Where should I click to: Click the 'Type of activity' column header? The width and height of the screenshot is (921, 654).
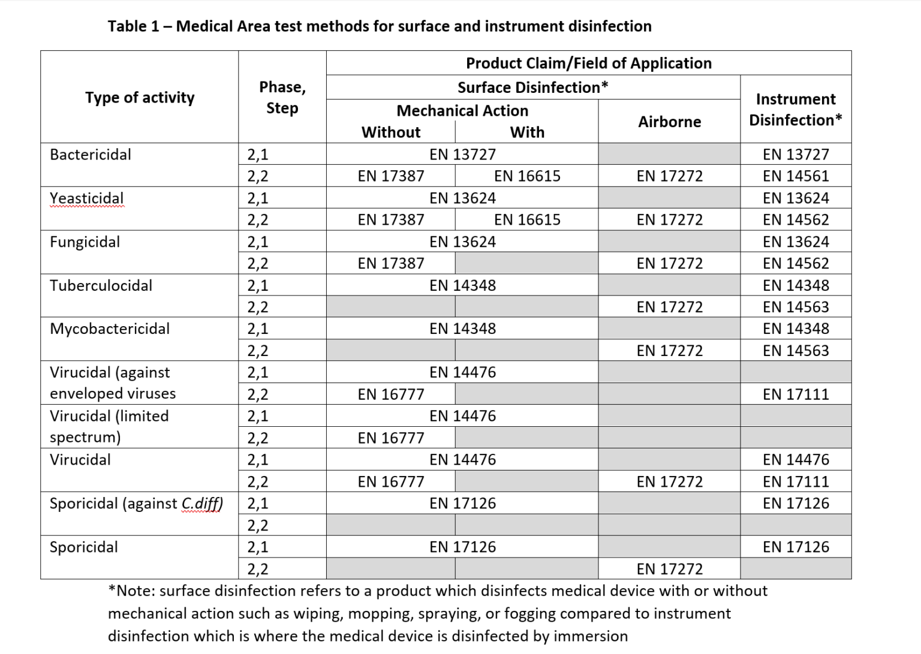point(140,98)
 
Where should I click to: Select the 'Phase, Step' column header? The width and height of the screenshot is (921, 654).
point(282,98)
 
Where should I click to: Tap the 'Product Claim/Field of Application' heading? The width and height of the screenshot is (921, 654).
point(588,63)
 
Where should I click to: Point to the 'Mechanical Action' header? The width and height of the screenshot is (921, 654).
point(462,111)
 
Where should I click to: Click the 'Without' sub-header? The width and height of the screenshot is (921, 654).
point(391,132)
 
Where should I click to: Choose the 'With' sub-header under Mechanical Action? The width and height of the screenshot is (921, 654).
point(527,132)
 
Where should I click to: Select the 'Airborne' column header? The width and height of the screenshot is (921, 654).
point(669,122)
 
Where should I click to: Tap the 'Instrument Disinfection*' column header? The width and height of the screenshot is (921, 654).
point(795,110)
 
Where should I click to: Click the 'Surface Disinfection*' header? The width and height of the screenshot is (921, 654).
point(532,88)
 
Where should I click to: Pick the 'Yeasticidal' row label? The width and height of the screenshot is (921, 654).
point(86,198)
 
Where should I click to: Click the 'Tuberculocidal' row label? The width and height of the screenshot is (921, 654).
point(101,285)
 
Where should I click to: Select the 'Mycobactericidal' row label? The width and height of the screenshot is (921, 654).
point(110,329)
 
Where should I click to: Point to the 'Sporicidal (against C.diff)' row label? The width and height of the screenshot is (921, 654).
point(136,504)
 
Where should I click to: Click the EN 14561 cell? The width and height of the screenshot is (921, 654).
point(795,176)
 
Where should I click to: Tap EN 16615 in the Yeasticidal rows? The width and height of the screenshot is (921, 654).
point(527,220)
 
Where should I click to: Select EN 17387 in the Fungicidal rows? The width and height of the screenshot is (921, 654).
point(391,264)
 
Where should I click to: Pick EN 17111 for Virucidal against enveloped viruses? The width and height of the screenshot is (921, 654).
point(795,394)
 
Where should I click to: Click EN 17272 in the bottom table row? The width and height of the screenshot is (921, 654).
point(669,569)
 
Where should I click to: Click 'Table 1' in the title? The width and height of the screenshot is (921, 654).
point(134,26)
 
